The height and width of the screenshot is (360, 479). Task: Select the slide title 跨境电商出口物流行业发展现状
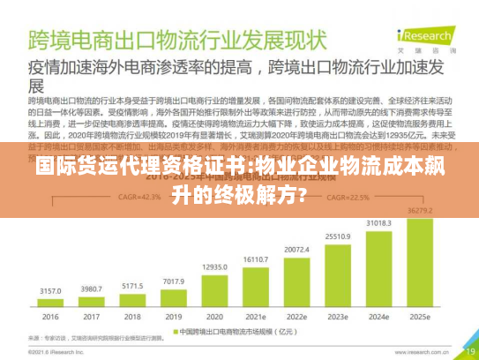point(176,40)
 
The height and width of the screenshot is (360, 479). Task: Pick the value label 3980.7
point(91,289)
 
